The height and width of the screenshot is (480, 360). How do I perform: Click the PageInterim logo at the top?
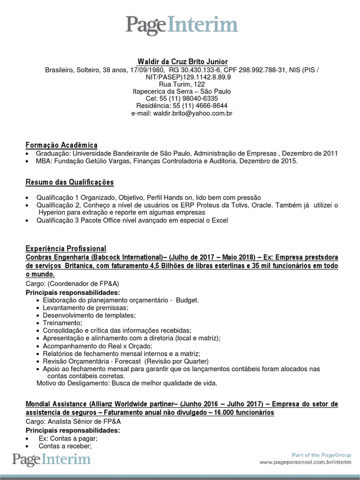coord(181,25)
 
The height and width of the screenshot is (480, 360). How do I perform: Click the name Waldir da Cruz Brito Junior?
coord(182,62)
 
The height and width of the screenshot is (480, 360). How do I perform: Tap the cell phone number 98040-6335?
coord(197,98)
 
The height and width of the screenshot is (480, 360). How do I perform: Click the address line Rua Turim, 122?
coord(182,84)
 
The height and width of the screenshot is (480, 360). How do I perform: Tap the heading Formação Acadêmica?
coord(61,145)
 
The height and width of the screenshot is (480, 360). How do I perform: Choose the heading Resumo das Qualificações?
coord(70,182)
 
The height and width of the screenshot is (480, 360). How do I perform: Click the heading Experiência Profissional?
coord(66,248)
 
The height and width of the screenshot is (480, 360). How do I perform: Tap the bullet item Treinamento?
coord(62,323)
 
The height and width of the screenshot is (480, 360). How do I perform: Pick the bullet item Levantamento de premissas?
coord(85,307)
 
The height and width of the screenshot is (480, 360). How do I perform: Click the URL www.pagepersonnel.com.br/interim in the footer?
coord(305,462)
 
